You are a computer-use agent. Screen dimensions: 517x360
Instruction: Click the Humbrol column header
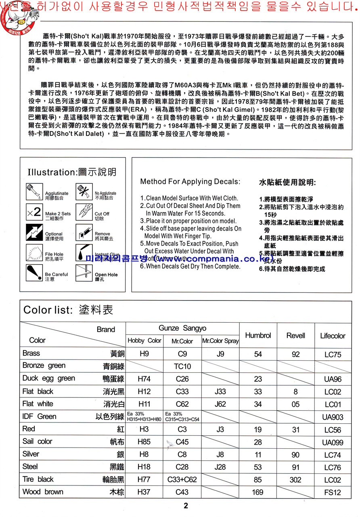tap(258, 335)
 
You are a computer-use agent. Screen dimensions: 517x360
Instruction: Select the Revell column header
tap(296, 335)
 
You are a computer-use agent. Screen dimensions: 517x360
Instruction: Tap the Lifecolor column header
tap(333, 336)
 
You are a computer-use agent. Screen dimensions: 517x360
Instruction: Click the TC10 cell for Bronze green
tap(182, 367)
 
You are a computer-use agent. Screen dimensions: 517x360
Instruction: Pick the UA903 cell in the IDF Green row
tap(333, 417)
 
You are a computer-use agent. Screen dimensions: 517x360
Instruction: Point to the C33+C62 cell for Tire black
tap(182, 480)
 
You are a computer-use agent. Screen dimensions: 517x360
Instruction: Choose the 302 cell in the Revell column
tap(296, 480)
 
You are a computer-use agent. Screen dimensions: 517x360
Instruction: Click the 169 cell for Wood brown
tap(258, 492)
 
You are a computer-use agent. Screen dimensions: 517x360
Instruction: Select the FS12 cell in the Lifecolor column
tap(333, 493)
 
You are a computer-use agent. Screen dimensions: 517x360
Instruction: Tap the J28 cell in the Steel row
tap(220, 467)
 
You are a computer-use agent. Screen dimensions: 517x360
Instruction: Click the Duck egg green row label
tap(49, 378)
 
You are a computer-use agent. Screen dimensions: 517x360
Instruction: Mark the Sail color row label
tap(38, 441)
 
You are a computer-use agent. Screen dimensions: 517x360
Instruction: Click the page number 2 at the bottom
tap(186, 506)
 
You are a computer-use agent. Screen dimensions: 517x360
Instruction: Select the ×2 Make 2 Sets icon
tap(34, 212)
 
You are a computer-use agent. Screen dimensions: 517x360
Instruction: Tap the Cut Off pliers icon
tap(84, 212)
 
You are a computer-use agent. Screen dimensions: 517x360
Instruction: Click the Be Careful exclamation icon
tap(34, 273)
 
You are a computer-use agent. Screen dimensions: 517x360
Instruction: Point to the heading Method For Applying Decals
tap(190, 182)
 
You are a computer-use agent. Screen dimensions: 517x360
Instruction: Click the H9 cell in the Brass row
tap(144, 354)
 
